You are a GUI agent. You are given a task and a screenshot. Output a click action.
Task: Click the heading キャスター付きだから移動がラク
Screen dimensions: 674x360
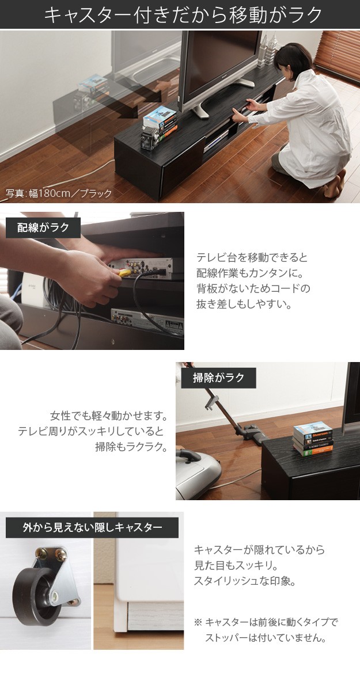pos(183,15)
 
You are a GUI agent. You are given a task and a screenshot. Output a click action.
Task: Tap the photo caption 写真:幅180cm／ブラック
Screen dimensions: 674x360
pos(59,193)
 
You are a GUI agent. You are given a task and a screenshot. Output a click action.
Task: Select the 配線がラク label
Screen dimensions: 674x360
pos(43,227)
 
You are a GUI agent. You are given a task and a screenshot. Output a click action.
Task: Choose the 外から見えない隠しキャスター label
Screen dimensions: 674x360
pos(92,527)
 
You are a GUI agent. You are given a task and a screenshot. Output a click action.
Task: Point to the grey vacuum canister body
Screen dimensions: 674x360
pos(198,472)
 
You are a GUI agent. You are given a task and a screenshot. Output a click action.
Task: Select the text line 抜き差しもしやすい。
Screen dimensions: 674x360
pos(244,303)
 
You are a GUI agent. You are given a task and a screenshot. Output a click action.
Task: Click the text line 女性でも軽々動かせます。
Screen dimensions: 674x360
pos(109,416)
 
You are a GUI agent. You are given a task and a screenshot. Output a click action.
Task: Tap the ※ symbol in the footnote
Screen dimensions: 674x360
pos(198,622)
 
